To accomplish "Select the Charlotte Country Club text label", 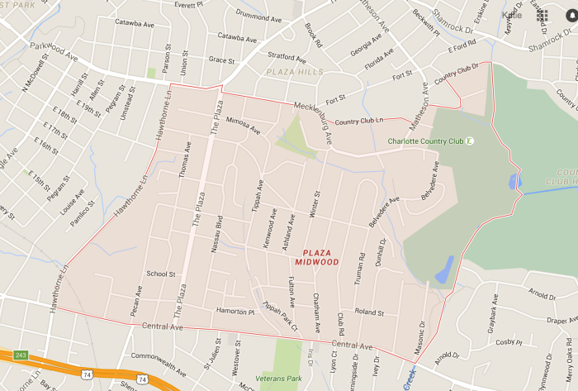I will pos(424,141).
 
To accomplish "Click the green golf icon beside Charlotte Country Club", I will pos(469,141).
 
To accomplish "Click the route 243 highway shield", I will pos(21,355).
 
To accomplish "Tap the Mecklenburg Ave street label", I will pos(313,123).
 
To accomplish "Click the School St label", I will pos(160,274).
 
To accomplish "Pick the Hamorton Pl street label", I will pos(235,311).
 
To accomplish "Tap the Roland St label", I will pos(369,312).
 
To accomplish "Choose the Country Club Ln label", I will pos(359,121).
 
